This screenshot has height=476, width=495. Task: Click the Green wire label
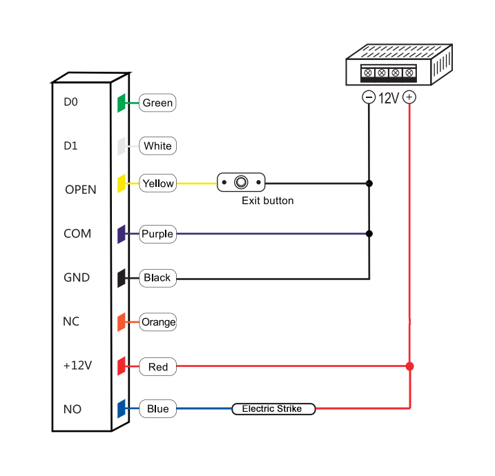[157, 103]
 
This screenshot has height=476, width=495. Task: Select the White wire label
[157, 146]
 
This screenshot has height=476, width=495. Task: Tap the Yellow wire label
[157, 183]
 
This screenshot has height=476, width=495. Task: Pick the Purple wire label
[157, 234]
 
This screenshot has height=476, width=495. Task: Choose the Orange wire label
[158, 321]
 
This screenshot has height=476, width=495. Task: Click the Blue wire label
[157, 409]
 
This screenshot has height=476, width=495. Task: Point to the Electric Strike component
[272, 409]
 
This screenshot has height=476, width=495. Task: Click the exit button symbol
[241, 183]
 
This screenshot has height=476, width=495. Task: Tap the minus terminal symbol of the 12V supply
[369, 97]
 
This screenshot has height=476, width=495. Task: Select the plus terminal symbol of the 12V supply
[410, 97]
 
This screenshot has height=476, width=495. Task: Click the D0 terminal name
[71, 102]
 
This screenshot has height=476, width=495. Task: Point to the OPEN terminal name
[80, 190]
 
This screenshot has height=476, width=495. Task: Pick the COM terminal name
[77, 234]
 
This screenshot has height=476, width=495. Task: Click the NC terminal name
[71, 321]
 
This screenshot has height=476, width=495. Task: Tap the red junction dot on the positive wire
[410, 366]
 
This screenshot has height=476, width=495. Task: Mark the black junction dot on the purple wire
[369, 234]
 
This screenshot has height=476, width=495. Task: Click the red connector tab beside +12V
[121, 366]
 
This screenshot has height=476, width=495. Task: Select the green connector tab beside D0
[121, 103]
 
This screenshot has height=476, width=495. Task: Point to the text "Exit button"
[267, 201]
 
